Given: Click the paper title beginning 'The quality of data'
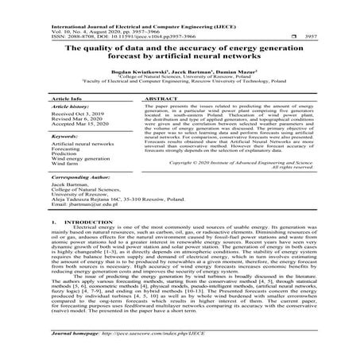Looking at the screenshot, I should point(180,52).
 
